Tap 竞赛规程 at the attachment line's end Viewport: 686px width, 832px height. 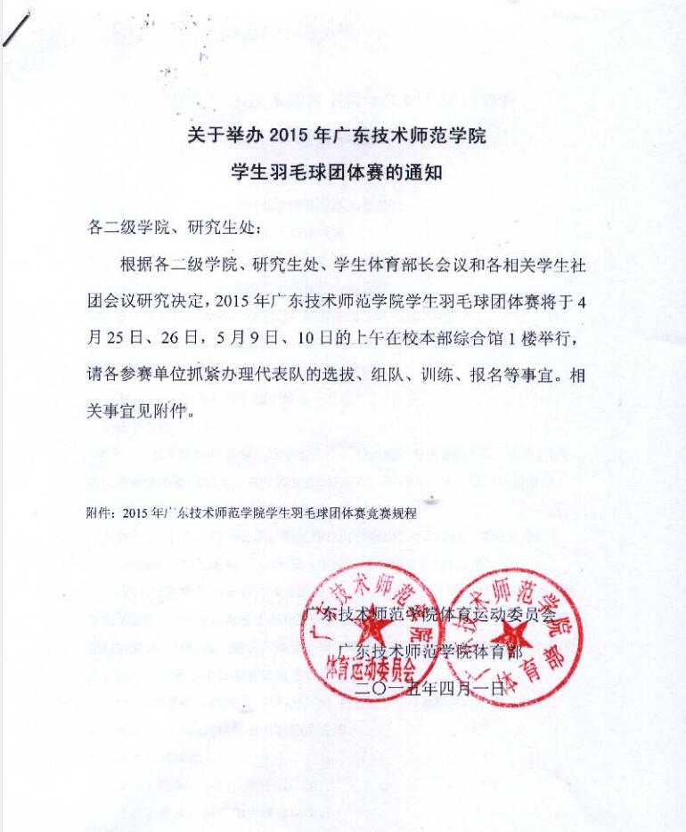[396, 513]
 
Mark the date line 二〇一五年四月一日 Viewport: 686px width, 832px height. [429, 688]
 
